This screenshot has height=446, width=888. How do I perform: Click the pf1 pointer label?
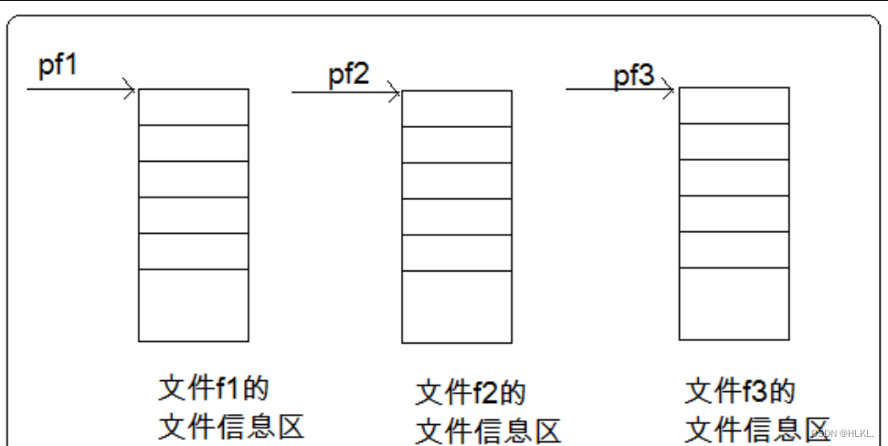pos(58,68)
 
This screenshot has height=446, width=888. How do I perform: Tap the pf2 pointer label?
pos(349,74)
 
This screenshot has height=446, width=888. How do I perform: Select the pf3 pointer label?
pos(633,76)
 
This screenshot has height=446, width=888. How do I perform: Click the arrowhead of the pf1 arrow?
pos(131,90)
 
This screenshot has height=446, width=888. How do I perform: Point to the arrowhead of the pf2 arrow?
pos(395,91)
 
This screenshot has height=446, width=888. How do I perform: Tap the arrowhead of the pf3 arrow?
pos(670,90)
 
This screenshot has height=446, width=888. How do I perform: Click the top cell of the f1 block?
pos(194,107)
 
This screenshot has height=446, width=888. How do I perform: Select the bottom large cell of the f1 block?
pos(194,305)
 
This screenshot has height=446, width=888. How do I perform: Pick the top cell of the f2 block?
pos(457,109)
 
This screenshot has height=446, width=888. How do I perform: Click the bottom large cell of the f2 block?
pos(457,307)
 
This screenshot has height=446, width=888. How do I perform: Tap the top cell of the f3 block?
pos(735,105)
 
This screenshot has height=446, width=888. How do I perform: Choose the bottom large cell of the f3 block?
pos(735,303)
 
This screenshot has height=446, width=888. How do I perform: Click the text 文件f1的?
pos(214,388)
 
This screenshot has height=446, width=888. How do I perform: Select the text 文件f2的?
pos(470,393)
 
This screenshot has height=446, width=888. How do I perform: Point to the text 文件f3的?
pos(740,391)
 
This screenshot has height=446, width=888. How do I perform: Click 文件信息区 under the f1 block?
pos(231,426)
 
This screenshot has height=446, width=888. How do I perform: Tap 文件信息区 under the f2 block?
pos(488,430)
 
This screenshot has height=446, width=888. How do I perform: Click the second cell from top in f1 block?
pos(194,143)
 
